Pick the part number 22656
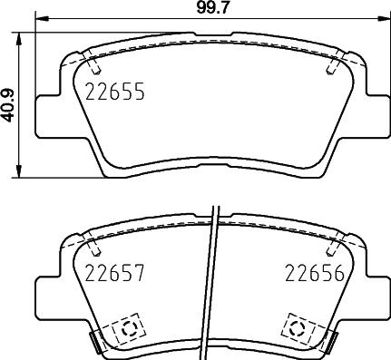(x=312, y=273)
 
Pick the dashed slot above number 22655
(x=93, y=64)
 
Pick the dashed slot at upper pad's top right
(x=335, y=64)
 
